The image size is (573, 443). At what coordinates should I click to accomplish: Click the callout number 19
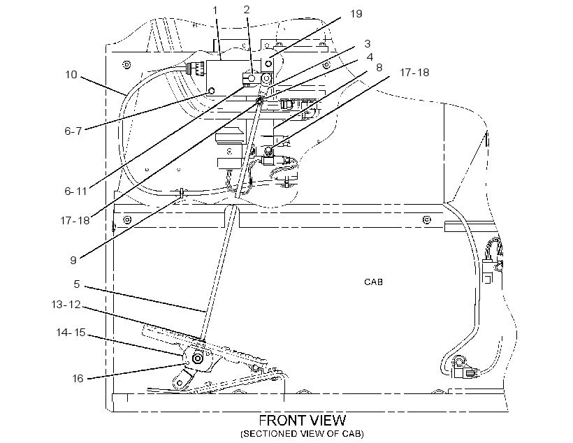point(356,14)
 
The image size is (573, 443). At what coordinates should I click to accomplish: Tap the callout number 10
point(71,75)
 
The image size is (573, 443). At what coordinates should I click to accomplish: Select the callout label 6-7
point(73,131)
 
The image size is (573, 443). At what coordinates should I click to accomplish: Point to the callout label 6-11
point(75,191)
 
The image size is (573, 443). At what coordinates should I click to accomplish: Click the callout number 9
point(73,260)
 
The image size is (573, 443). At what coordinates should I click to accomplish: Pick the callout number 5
point(76,284)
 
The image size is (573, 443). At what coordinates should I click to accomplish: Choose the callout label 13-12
point(66,305)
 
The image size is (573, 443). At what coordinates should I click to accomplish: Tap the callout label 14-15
point(71,333)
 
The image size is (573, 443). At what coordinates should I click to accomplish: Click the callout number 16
point(78,378)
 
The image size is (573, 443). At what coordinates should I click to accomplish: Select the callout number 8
point(379,68)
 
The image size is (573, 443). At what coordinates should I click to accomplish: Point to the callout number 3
point(368,44)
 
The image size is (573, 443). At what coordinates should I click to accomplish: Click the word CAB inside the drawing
point(373,282)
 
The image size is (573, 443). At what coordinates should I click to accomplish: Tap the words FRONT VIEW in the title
point(303,421)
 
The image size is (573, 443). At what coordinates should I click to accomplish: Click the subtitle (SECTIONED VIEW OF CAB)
point(302,434)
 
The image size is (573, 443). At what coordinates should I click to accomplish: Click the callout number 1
point(215,10)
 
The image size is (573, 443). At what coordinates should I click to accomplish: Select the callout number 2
point(246,10)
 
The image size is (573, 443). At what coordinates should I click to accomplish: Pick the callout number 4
point(370,57)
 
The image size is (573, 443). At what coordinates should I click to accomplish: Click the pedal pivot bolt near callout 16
point(197,358)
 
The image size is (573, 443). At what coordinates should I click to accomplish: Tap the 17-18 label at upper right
point(414,73)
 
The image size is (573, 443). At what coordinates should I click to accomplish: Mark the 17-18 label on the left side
point(75,220)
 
